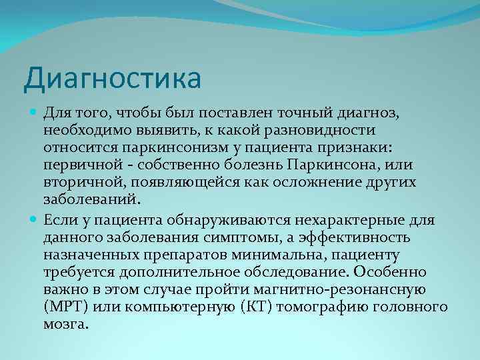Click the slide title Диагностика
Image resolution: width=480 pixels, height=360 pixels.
[112, 79]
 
